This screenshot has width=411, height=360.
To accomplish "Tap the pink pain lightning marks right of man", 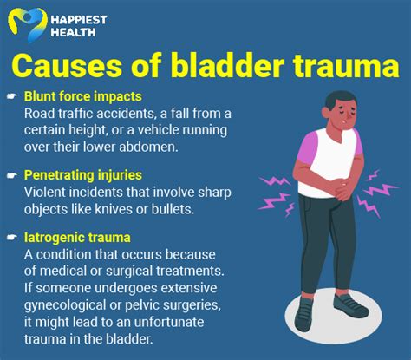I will point(379,187).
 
